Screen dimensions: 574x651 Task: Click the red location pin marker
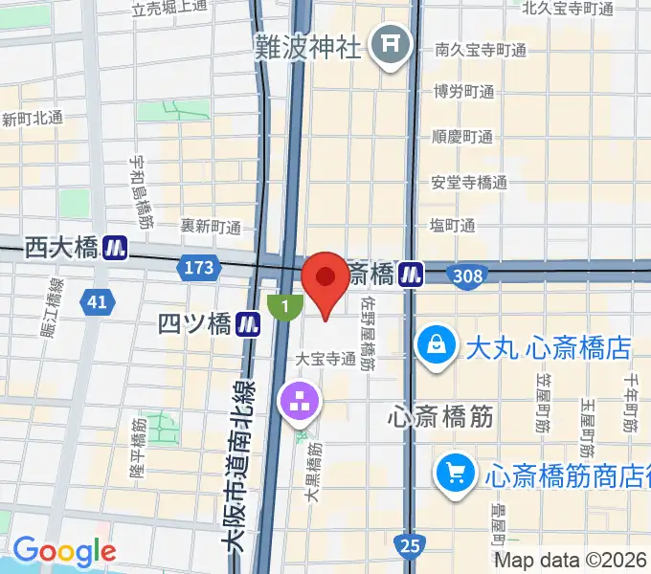(325, 279)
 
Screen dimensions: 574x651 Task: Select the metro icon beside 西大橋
(117, 248)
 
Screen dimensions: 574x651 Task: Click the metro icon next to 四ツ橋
(250, 324)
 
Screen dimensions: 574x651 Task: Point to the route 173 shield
(199, 269)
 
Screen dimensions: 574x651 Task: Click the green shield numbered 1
(284, 306)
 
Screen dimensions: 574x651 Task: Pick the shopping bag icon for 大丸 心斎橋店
(437, 343)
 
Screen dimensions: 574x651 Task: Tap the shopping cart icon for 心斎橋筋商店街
(454, 472)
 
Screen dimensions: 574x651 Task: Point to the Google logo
(64, 551)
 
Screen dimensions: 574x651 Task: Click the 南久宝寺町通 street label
(481, 50)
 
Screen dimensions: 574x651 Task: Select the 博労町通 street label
(462, 93)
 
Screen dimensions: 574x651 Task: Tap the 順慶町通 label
(462, 137)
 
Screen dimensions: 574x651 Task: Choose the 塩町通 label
(453, 226)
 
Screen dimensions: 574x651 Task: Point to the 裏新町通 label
(211, 227)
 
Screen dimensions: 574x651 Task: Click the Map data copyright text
(571, 561)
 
